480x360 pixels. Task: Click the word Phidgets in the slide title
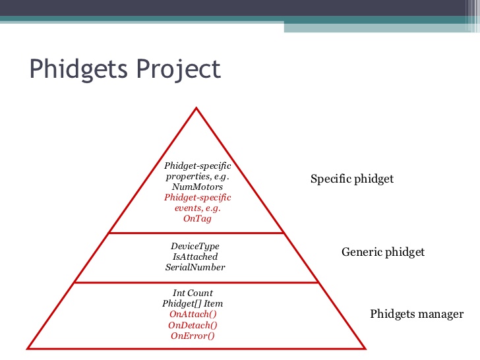point(78,69)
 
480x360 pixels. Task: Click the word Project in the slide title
point(179,69)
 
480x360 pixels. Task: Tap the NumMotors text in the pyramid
point(197,187)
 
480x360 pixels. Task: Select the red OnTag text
point(197,219)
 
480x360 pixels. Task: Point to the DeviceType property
point(195,246)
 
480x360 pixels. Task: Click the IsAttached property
point(195,256)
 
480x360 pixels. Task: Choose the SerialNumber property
point(195,267)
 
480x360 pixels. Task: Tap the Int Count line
point(193,293)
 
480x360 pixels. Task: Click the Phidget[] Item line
point(193,304)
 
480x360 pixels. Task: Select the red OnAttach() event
point(193,314)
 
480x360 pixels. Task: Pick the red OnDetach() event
point(193,325)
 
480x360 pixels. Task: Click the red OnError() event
point(193,336)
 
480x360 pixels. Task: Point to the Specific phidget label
point(352,179)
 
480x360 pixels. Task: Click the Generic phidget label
point(383,252)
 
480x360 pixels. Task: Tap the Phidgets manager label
point(417,314)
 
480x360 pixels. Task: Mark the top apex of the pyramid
point(196,107)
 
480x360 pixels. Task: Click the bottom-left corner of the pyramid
point(27,349)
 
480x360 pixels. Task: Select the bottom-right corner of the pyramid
point(365,349)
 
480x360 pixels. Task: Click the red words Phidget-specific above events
point(197,197)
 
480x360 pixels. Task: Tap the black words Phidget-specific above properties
point(197,165)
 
